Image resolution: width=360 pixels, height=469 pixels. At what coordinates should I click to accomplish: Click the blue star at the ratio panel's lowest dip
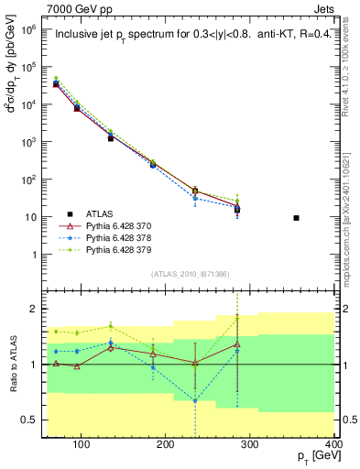tap(220, 399)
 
